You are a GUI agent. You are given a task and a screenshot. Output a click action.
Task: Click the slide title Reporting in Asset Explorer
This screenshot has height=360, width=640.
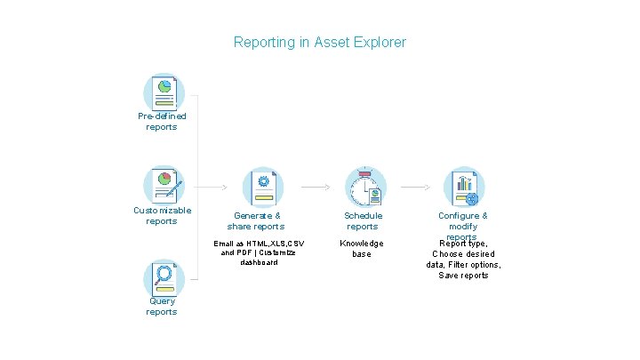tap(319, 43)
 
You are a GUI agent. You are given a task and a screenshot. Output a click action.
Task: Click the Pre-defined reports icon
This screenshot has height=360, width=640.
tap(164, 92)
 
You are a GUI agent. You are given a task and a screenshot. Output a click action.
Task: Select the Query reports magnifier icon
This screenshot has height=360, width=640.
tap(163, 277)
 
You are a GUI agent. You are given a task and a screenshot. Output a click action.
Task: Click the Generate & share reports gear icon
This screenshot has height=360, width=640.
tap(263, 187)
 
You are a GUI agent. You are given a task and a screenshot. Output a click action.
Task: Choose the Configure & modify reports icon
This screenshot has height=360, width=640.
tap(463, 187)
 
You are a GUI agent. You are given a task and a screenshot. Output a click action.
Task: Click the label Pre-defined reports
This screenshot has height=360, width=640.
tap(162, 122)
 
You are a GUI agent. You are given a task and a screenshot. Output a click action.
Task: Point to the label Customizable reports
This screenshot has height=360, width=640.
tap(162, 216)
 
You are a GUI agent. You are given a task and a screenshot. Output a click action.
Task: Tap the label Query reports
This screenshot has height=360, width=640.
tap(162, 307)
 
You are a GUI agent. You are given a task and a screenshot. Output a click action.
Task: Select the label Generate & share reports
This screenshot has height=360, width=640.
tap(256, 221)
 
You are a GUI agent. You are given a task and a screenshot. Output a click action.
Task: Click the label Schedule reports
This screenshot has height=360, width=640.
tap(363, 221)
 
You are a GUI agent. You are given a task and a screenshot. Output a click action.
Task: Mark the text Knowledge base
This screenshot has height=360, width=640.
tap(363, 249)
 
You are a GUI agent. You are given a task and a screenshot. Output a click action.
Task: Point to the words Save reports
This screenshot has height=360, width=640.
tap(463, 276)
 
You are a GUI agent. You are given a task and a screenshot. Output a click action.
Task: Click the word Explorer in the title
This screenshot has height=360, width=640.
tap(380, 43)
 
